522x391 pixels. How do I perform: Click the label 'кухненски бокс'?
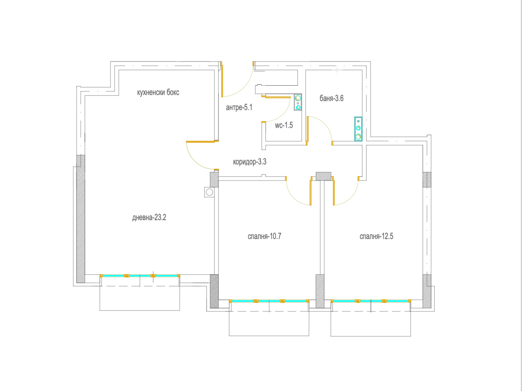[x=158, y=92]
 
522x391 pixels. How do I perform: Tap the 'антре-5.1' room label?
[x=239, y=107]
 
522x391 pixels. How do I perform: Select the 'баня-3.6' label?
[x=331, y=98]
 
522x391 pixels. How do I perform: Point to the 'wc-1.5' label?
[x=284, y=125]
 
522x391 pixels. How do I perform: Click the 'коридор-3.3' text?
[x=250, y=162]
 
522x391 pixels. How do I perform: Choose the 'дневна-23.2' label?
[x=149, y=217]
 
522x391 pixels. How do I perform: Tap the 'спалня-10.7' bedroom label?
[x=265, y=236]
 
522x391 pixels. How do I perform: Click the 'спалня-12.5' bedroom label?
[x=376, y=236]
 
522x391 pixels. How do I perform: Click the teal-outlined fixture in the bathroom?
[x=358, y=129]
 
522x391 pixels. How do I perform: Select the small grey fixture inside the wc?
[x=298, y=102]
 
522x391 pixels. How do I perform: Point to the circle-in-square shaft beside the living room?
[x=209, y=192]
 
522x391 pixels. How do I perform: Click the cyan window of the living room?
[x=140, y=276]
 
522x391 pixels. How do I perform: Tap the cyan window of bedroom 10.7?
[x=269, y=301]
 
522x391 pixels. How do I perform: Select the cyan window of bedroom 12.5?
[x=371, y=301]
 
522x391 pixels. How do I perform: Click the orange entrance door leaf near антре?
[x=222, y=79]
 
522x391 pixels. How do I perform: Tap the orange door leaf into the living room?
[x=202, y=142]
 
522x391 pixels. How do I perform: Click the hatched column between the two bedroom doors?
[x=323, y=176]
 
